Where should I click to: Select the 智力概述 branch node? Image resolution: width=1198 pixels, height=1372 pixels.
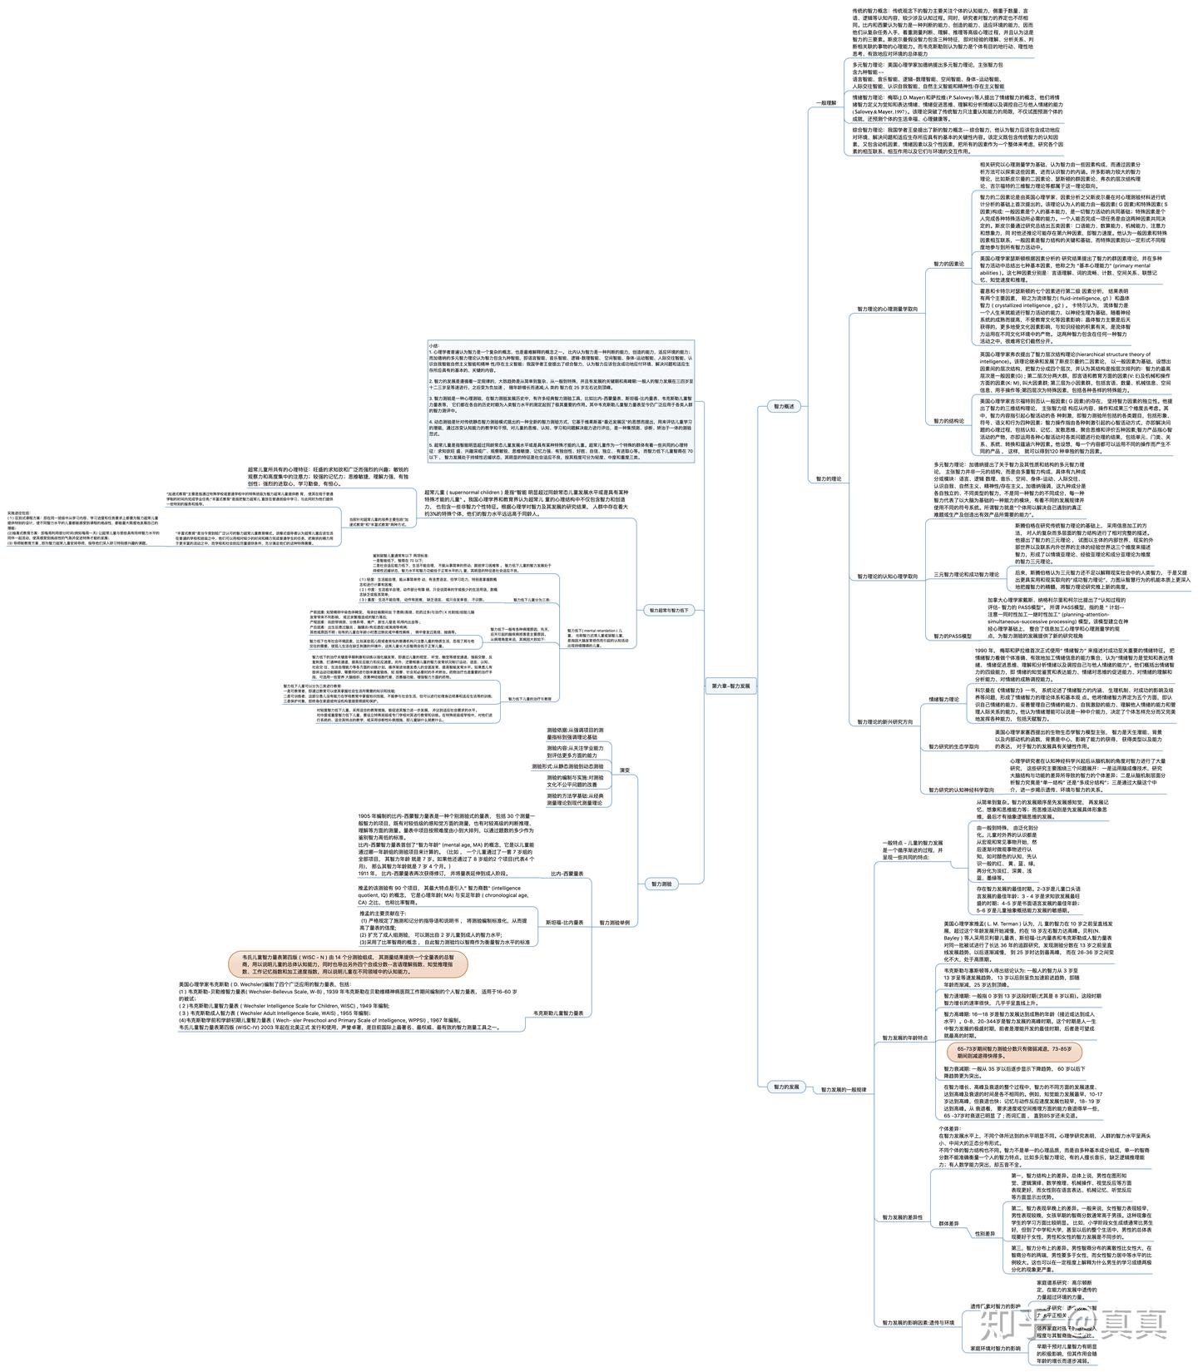pos(785,407)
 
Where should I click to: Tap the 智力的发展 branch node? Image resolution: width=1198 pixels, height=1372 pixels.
pos(786,1087)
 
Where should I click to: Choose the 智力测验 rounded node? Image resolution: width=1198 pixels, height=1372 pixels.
pos(663,884)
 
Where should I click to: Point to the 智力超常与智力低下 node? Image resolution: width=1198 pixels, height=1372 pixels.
pos(669,610)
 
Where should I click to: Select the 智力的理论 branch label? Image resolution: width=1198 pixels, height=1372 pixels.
pos(828,479)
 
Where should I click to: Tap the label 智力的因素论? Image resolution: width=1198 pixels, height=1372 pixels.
pos(948,264)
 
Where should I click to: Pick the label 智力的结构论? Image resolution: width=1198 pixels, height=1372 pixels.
pos(948,421)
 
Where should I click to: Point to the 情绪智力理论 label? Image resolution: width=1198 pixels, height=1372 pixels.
pos(943,700)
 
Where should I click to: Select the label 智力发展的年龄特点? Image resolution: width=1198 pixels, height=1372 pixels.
pos(905,1038)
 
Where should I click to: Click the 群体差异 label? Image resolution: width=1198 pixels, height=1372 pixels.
pos(949,1223)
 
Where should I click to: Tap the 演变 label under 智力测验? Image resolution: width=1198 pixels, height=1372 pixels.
pos(625,770)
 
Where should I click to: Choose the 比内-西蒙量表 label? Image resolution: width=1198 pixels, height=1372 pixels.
pos(567,874)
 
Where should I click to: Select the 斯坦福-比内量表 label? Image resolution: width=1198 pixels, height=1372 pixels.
pos(563,923)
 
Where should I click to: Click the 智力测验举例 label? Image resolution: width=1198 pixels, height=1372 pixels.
pos(614,923)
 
